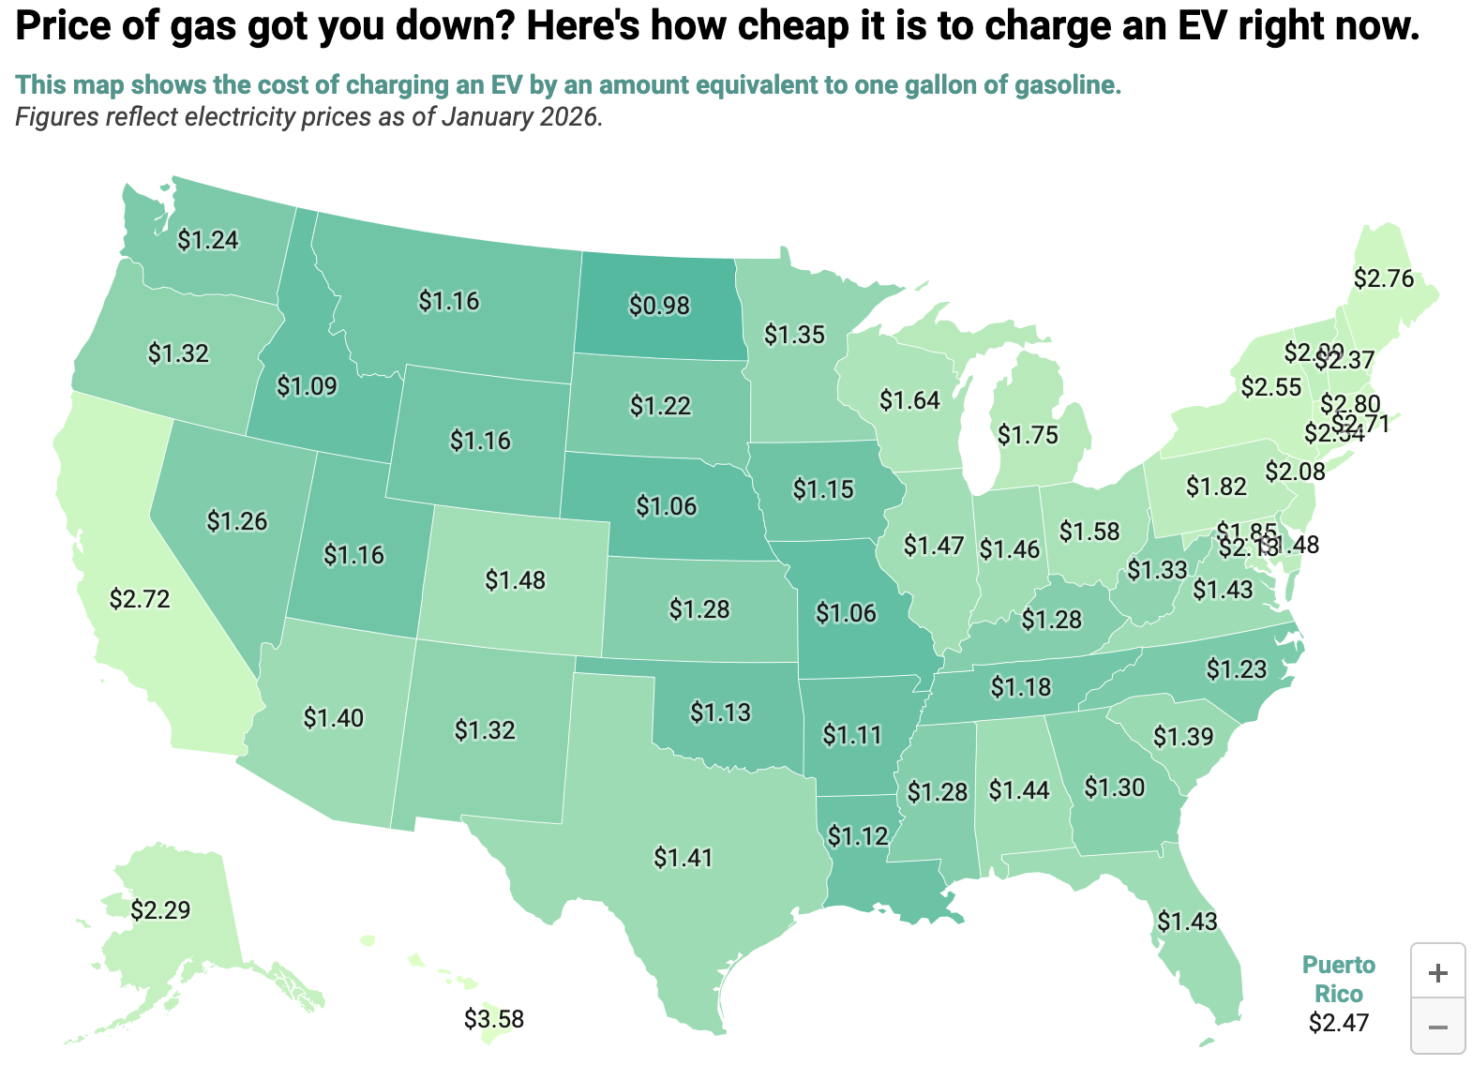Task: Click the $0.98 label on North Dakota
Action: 659,306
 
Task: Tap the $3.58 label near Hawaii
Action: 493,1018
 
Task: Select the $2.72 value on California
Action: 140,598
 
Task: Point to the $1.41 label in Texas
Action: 683,857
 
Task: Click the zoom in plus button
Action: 1437,972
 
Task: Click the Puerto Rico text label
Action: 1339,979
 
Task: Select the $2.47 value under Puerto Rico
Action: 1339,1022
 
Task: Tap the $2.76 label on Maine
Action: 1384,278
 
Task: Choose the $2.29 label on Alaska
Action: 160,909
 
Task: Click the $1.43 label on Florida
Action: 1187,922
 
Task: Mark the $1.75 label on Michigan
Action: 1028,435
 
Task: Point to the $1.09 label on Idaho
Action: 308,385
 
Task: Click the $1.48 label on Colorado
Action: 515,580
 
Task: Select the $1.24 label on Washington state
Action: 208,240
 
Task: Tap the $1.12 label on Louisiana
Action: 858,835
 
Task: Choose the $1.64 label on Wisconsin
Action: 909,400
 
